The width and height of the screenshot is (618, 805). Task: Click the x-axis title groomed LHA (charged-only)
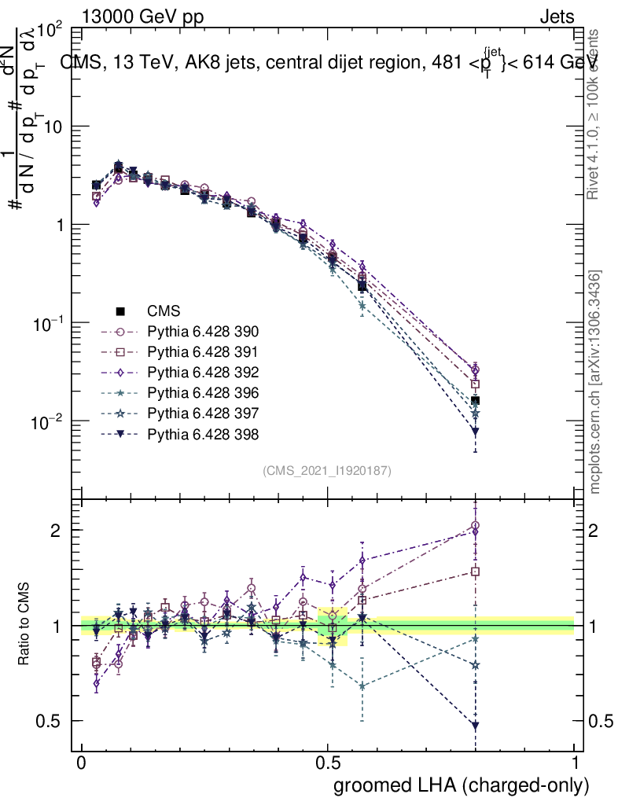coord(462,785)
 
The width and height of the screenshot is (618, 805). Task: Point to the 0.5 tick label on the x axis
coord(328,763)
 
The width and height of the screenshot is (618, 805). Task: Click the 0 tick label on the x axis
coord(82,763)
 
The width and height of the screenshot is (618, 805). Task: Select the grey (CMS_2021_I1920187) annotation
coord(327,470)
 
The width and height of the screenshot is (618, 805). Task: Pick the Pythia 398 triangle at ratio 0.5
coord(475,725)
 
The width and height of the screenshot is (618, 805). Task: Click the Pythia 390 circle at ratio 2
coord(475,526)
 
